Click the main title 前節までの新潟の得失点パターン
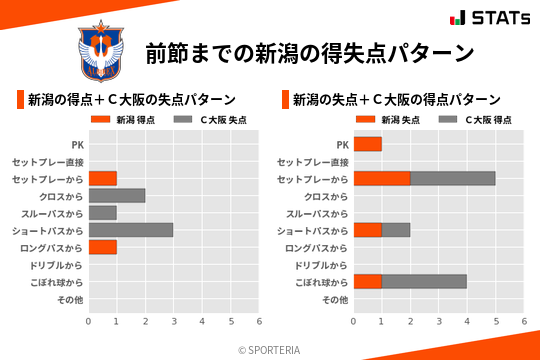(308, 53)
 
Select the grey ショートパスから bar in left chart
(131, 230)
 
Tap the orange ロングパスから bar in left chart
(103, 247)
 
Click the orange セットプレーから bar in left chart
(103, 179)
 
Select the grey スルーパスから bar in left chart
(103, 213)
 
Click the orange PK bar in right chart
(368, 145)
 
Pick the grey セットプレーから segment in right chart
(453, 179)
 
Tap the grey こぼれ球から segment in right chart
(425, 282)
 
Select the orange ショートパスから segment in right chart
(368, 230)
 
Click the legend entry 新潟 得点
(121, 120)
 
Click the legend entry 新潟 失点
(386, 120)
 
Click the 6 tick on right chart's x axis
(524, 322)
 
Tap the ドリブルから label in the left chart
(54, 265)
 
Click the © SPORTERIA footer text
(270, 350)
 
